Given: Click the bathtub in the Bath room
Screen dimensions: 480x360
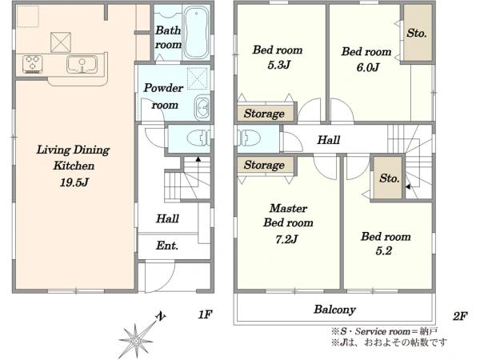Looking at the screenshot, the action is click(x=197, y=32).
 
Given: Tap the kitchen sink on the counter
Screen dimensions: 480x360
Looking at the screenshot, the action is click(x=82, y=65).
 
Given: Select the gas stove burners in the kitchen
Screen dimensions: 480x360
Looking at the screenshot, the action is click(x=32, y=64).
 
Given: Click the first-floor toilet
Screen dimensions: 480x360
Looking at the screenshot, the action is click(x=198, y=138).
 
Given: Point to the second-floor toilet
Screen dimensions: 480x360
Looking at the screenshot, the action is click(x=247, y=138).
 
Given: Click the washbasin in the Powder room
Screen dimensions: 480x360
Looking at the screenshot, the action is click(x=202, y=107).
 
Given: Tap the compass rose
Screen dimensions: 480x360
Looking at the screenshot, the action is click(x=136, y=339).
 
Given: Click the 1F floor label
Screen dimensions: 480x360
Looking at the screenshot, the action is click(x=205, y=314).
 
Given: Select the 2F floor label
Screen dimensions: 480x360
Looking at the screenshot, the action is click(x=460, y=316).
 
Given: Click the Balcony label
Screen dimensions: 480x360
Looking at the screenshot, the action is click(x=334, y=310).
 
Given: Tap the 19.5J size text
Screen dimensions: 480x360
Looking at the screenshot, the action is click(x=74, y=182).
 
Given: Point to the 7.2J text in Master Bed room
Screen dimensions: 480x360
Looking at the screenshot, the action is click(x=286, y=239).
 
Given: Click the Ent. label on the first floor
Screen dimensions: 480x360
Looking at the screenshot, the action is click(x=167, y=246).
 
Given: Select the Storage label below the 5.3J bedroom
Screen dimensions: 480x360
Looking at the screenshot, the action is click(x=264, y=114).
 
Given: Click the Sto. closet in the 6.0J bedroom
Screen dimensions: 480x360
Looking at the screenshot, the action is click(x=418, y=33).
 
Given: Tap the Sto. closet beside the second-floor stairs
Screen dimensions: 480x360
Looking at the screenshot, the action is click(x=389, y=178).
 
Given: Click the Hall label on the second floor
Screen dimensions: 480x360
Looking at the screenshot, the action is click(x=329, y=140).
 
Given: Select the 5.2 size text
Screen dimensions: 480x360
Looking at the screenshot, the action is click(x=383, y=251).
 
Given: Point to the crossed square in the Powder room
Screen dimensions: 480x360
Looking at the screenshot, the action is click(x=198, y=78).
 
